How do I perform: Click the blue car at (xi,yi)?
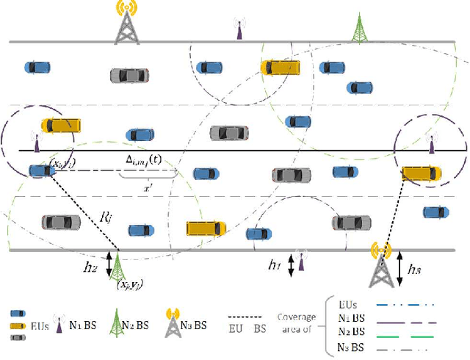[41, 171]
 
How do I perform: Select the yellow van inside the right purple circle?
[422, 173]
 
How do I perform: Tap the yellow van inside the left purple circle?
[59, 124]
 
